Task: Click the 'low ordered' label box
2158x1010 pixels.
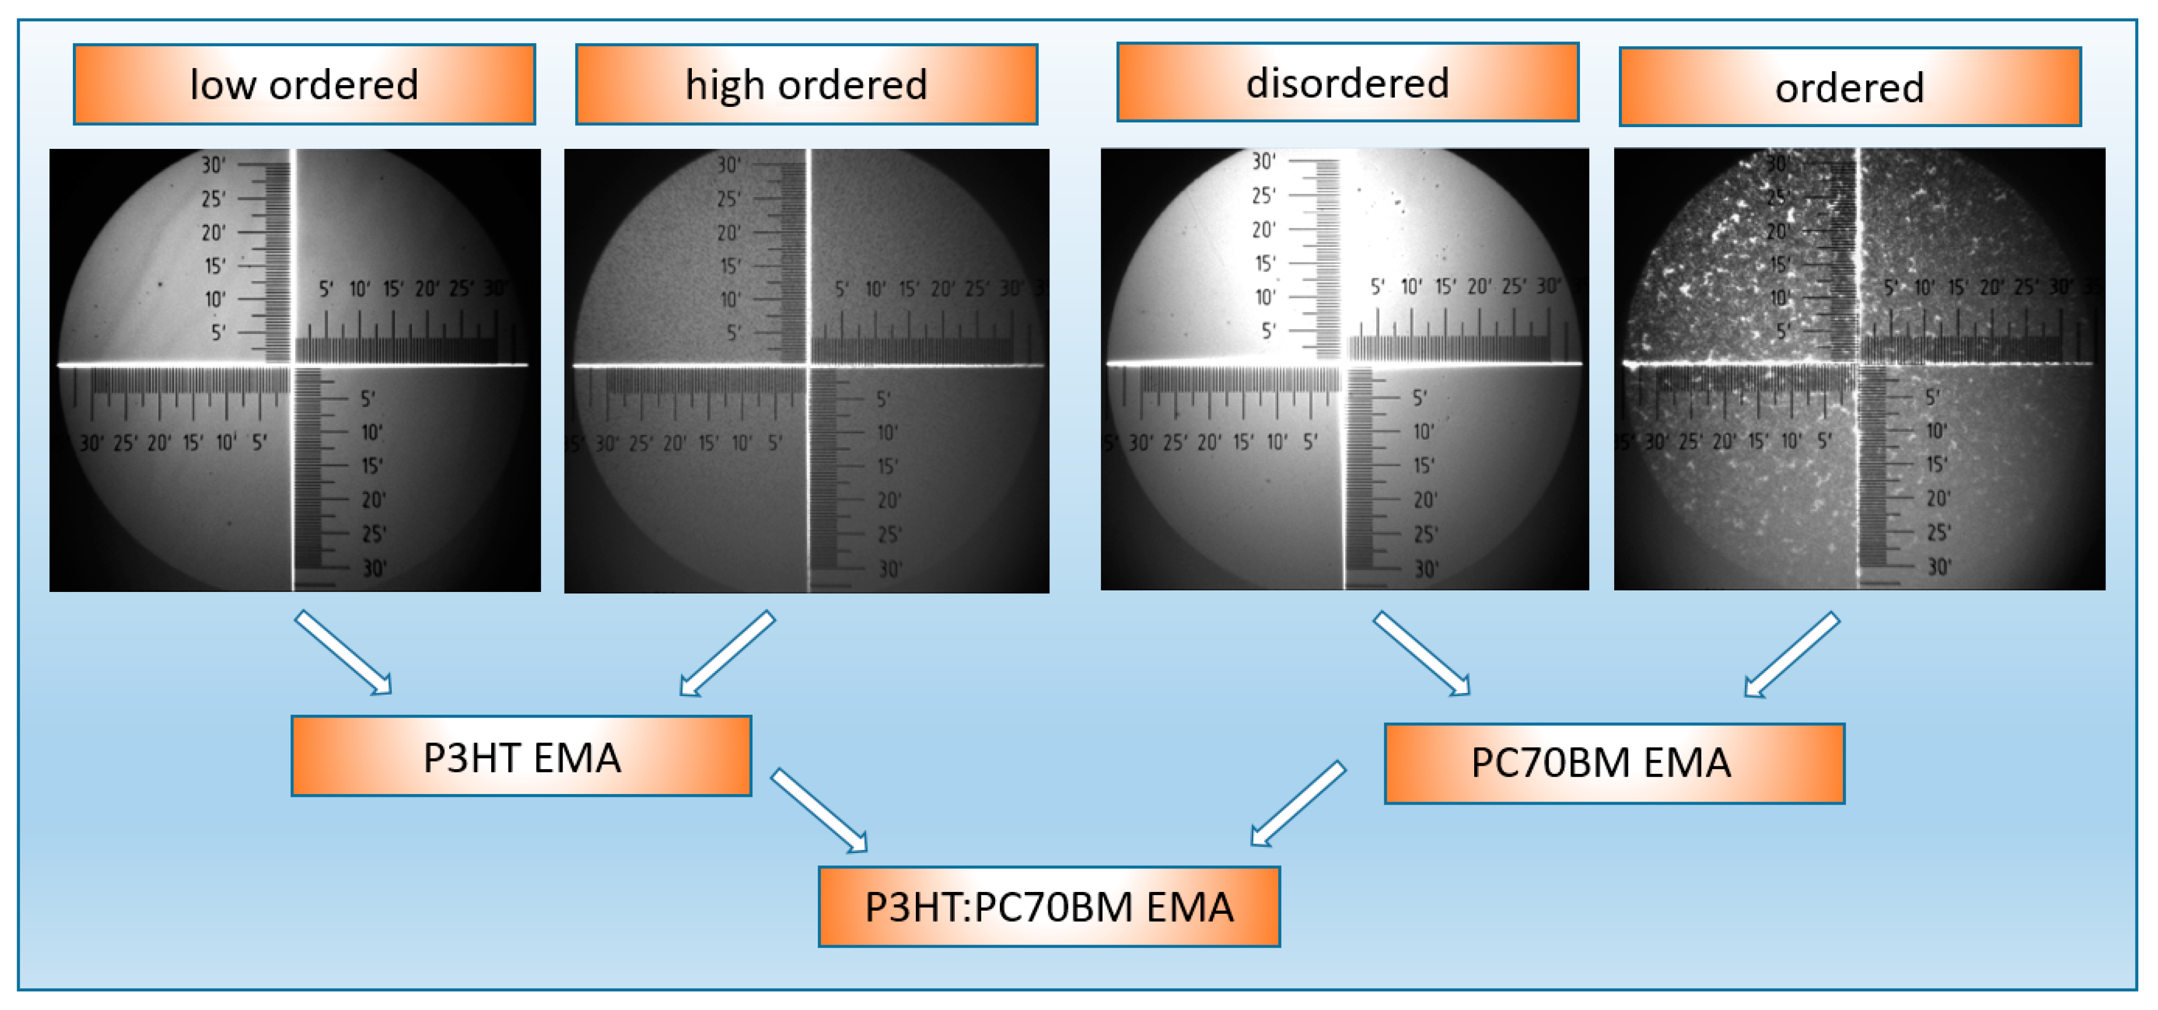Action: [x=304, y=85]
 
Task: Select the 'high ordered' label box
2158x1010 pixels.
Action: [x=806, y=85]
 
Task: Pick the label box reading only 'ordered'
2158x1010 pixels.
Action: [x=1850, y=87]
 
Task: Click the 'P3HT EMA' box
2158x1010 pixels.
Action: [x=521, y=756]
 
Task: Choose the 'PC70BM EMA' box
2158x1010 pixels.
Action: [x=1614, y=763]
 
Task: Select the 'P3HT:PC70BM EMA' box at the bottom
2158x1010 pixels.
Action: [x=1049, y=906]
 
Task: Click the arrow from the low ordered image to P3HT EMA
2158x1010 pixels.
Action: [x=343, y=653]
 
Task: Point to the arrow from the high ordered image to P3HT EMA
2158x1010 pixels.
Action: [x=727, y=653]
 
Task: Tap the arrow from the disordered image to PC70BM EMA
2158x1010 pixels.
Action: [x=1421, y=653]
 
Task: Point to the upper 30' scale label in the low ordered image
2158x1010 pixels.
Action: [x=213, y=165]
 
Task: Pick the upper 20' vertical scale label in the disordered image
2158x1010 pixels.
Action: [x=1263, y=229]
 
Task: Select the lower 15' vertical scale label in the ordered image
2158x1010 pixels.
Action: [x=1937, y=464]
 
